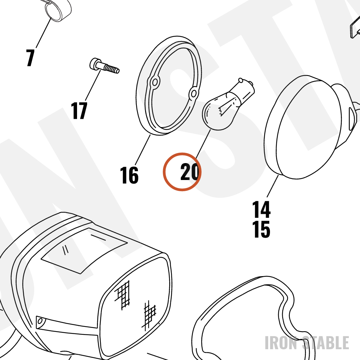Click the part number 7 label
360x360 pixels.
pos(30,58)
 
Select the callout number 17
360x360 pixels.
pos(79,111)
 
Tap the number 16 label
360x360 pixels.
pos(129,175)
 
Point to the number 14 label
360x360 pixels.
pos(261,210)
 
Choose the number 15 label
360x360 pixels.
pos(261,229)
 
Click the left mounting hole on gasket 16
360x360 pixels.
pos(154,82)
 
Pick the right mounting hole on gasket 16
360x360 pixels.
pos(194,94)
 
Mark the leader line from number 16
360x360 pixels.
pos(143,150)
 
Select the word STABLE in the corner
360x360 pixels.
pos(325,343)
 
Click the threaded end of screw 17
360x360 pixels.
pos(112,68)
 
